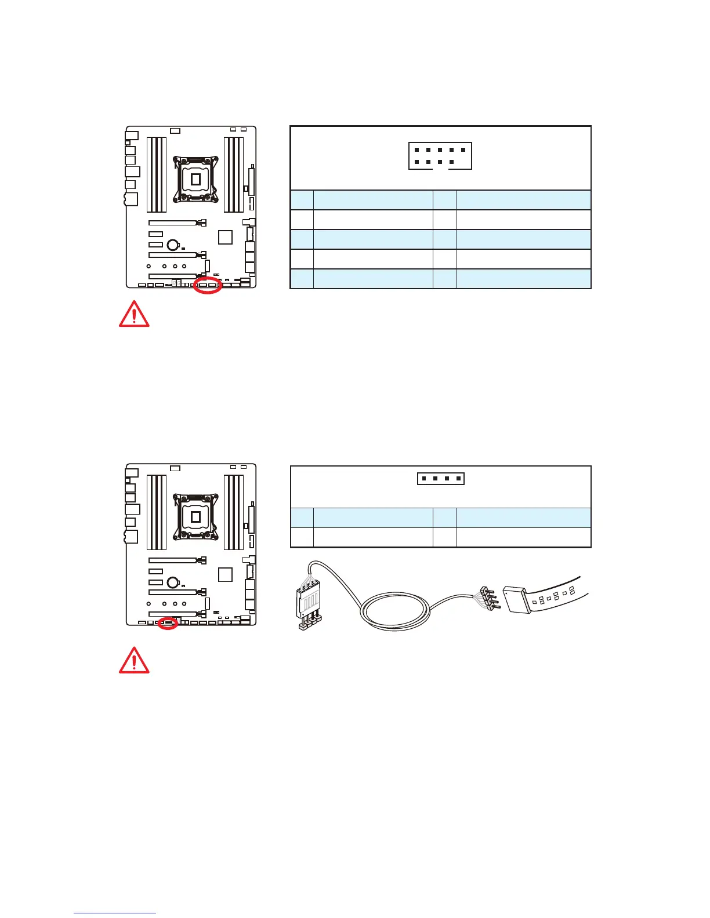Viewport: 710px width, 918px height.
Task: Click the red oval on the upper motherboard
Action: click(x=207, y=285)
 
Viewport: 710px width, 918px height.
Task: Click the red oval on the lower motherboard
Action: click(x=168, y=624)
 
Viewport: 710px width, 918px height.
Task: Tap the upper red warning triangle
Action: click(x=134, y=314)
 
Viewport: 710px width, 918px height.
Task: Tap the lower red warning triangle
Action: click(x=134, y=660)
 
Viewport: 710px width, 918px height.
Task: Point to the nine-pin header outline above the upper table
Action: click(x=440, y=156)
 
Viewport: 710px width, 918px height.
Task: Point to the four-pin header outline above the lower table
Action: click(x=440, y=479)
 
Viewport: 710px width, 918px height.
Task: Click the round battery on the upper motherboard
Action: click(x=172, y=245)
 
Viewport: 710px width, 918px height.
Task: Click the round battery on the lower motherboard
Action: click(x=172, y=582)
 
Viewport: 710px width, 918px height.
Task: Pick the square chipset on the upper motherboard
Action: click(x=225, y=237)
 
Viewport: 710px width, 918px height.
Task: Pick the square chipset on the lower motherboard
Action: click(x=225, y=575)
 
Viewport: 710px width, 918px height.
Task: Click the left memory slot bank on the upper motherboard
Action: click(x=157, y=174)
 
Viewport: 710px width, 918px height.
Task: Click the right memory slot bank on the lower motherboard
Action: click(x=234, y=512)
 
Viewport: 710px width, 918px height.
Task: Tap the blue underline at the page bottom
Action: click(x=115, y=913)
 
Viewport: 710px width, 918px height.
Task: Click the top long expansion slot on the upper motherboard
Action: click(x=173, y=223)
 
